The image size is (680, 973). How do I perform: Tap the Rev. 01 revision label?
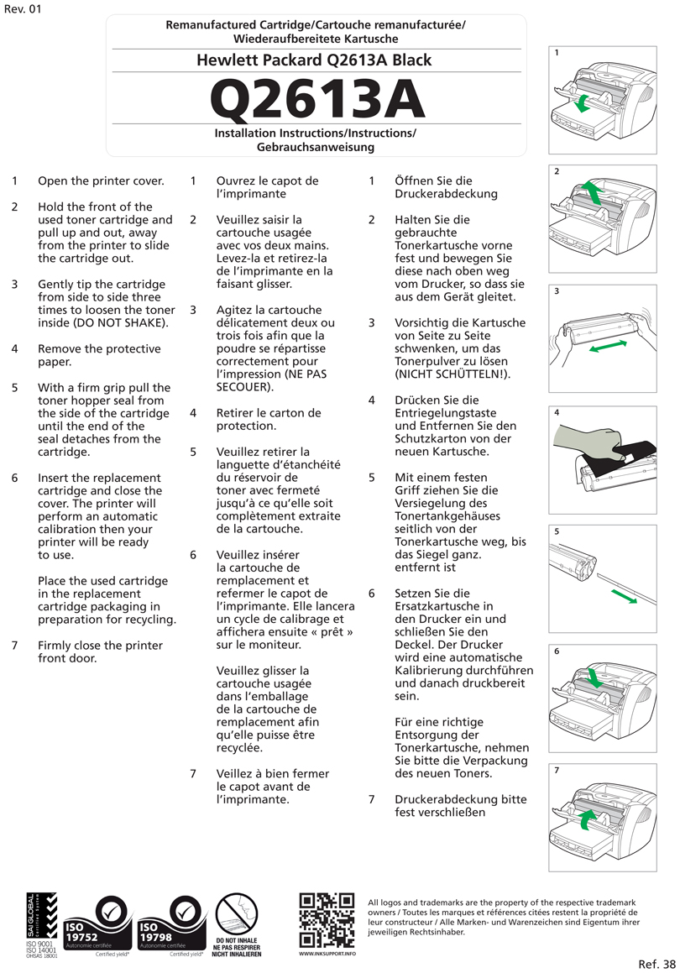22,9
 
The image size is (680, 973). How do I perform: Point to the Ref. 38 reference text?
656,963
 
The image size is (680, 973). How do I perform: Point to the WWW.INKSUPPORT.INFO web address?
327,955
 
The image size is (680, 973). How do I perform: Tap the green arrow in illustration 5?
624,595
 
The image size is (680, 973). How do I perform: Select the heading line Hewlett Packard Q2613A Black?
314,60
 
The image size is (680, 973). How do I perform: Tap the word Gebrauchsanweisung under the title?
316,147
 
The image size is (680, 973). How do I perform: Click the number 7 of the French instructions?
194,773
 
